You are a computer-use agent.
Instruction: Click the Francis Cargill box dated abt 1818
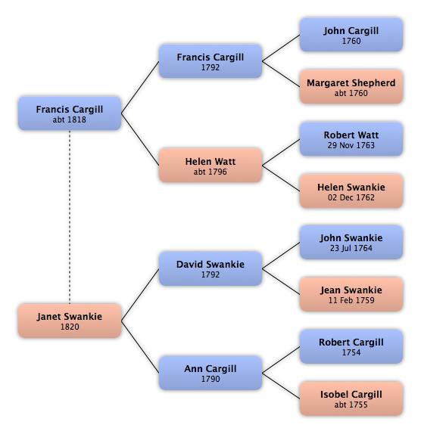click(70, 113)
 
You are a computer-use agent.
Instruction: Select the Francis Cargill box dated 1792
click(210, 61)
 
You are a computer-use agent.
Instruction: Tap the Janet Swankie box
click(70, 321)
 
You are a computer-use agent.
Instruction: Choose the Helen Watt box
click(210, 166)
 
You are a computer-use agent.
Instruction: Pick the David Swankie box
click(210, 268)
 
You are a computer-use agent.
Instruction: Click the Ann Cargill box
click(210, 373)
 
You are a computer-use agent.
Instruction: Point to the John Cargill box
click(351, 35)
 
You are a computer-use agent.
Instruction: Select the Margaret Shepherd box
click(351, 87)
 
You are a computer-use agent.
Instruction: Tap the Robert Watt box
click(351, 139)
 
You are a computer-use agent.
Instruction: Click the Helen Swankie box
click(351, 191)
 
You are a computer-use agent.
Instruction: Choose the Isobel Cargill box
click(351, 398)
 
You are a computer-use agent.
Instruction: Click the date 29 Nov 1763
click(351, 145)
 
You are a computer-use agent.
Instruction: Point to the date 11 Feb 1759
click(351, 300)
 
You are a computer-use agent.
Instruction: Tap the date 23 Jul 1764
click(351, 248)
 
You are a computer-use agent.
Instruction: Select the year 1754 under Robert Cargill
click(351, 352)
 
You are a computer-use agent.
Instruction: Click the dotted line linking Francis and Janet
click(70, 217)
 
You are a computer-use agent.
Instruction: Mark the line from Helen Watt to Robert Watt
click(281, 152)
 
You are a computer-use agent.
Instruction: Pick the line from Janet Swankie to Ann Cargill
click(140, 347)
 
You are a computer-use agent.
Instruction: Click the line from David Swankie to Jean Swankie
click(281, 281)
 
